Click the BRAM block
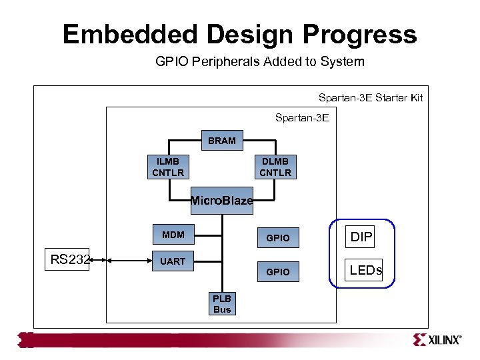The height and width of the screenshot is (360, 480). pos(221,141)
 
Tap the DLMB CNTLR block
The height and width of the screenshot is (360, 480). pos(275,167)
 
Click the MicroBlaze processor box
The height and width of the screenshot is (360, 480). pos(221,201)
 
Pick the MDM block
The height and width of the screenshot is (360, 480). pos(173,235)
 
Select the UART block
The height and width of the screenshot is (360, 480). pos(173,261)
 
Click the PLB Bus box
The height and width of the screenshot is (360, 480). pos(221,304)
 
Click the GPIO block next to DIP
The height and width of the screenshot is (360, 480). pos(278,238)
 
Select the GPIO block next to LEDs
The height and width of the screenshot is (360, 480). pos(278,272)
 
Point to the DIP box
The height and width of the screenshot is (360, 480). pos(361,237)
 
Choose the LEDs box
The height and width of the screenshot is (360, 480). pos(365,270)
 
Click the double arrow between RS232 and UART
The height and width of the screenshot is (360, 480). pos(120,260)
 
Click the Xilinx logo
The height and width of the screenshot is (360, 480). pos(437,339)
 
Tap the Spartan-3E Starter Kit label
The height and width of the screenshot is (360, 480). pos(370,98)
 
